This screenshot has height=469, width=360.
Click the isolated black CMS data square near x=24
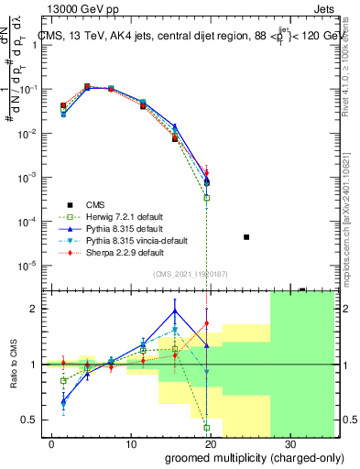pos(246,237)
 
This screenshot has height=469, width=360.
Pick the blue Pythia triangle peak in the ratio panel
pos(175,311)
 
